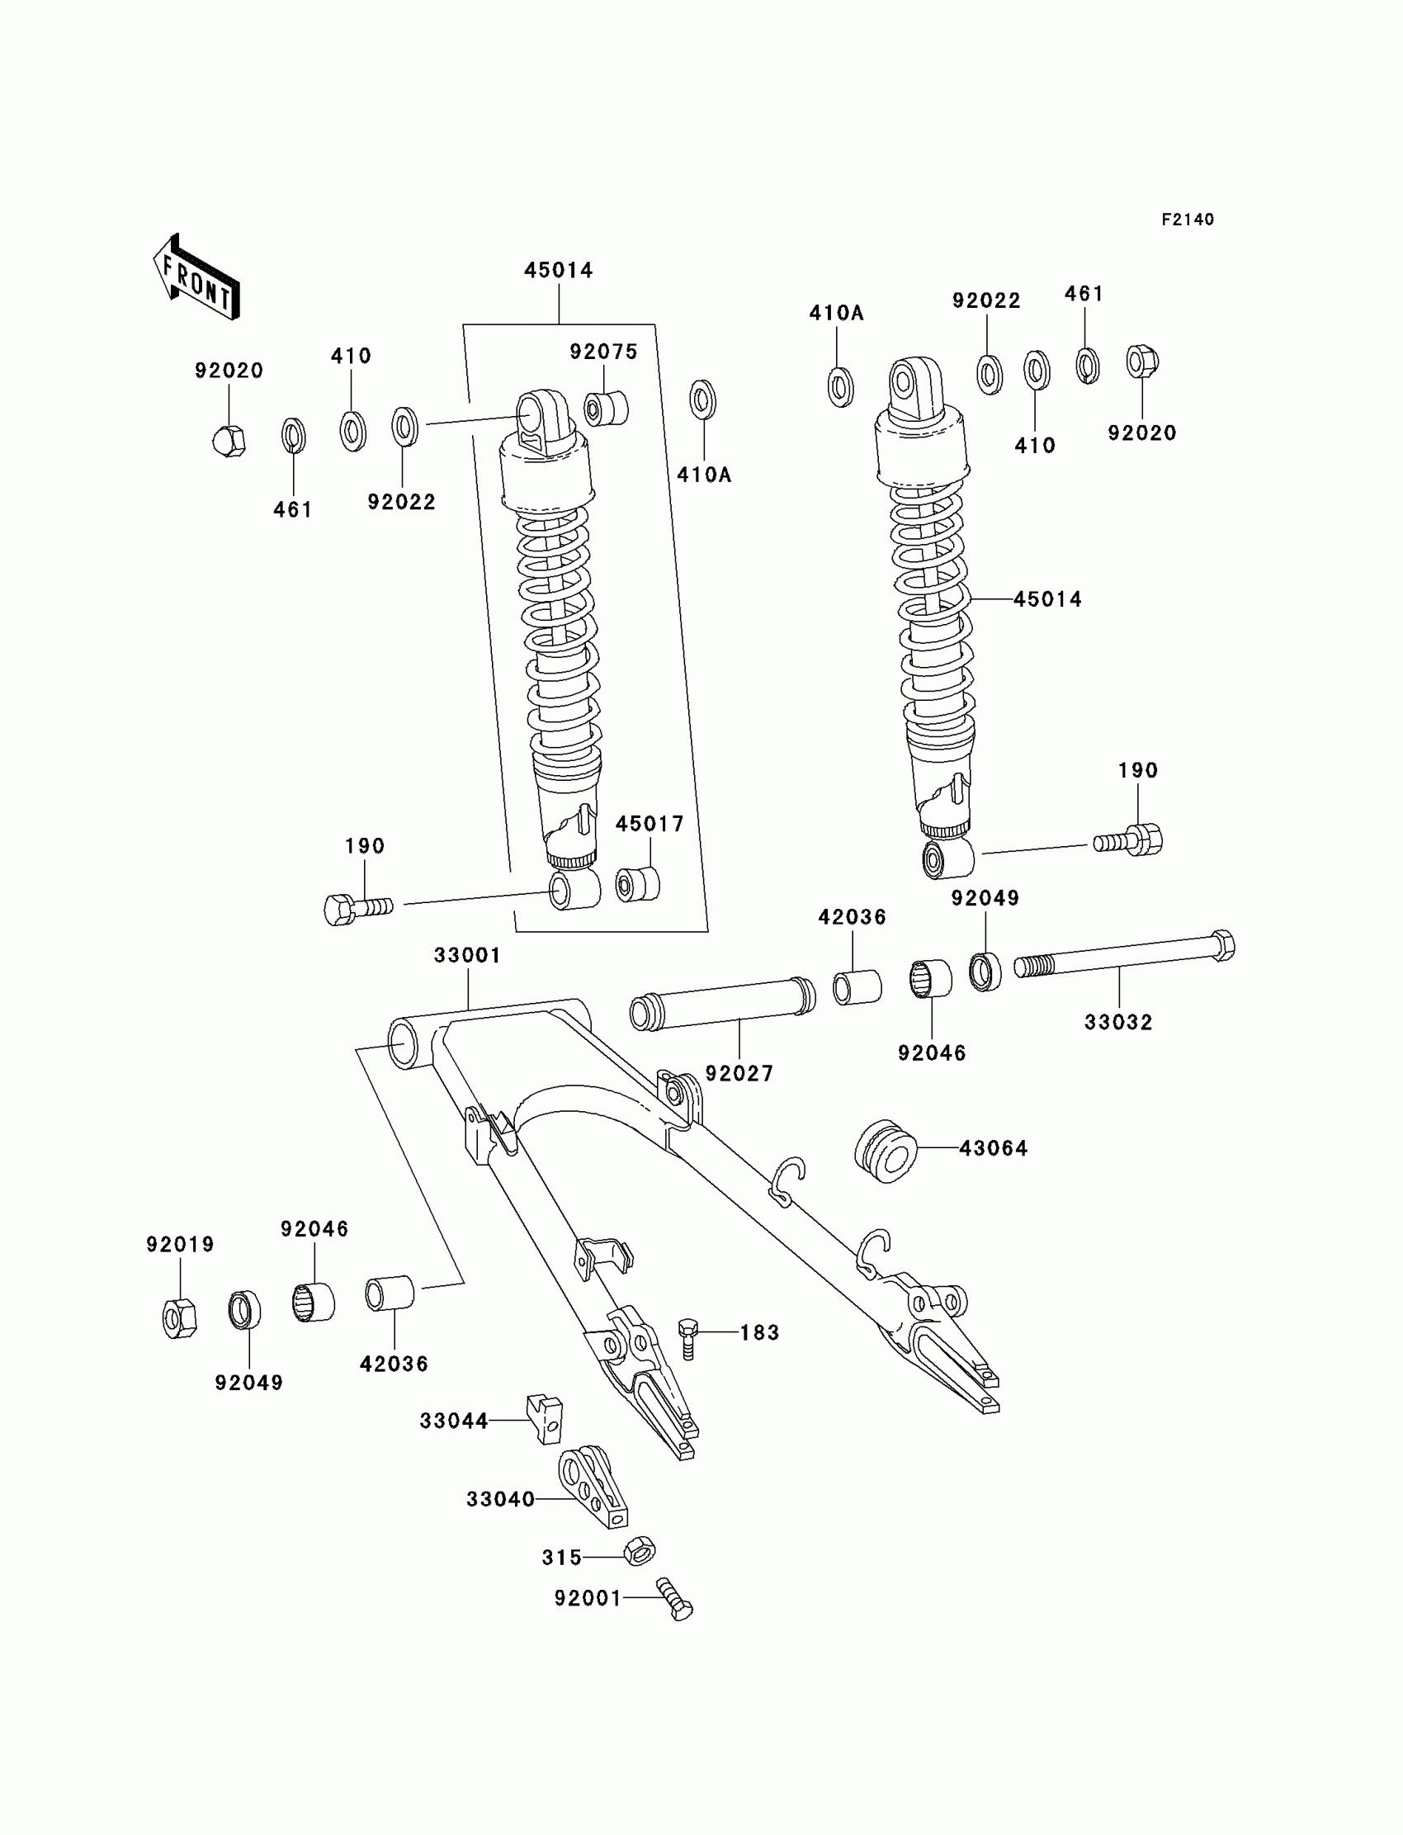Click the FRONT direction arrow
[197, 278]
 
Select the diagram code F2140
[1187, 220]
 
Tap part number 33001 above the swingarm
[467, 955]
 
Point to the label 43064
[993, 1148]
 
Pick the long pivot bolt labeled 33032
[1123, 958]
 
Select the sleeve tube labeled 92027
[722, 1005]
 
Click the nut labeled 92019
[179, 1319]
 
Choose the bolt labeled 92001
[675, 1600]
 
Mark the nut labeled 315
[639, 1551]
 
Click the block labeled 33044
[545, 1419]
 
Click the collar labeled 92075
[607, 409]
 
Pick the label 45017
[649, 824]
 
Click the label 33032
[1117, 1022]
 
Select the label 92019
[181, 1245]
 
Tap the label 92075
[603, 352]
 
